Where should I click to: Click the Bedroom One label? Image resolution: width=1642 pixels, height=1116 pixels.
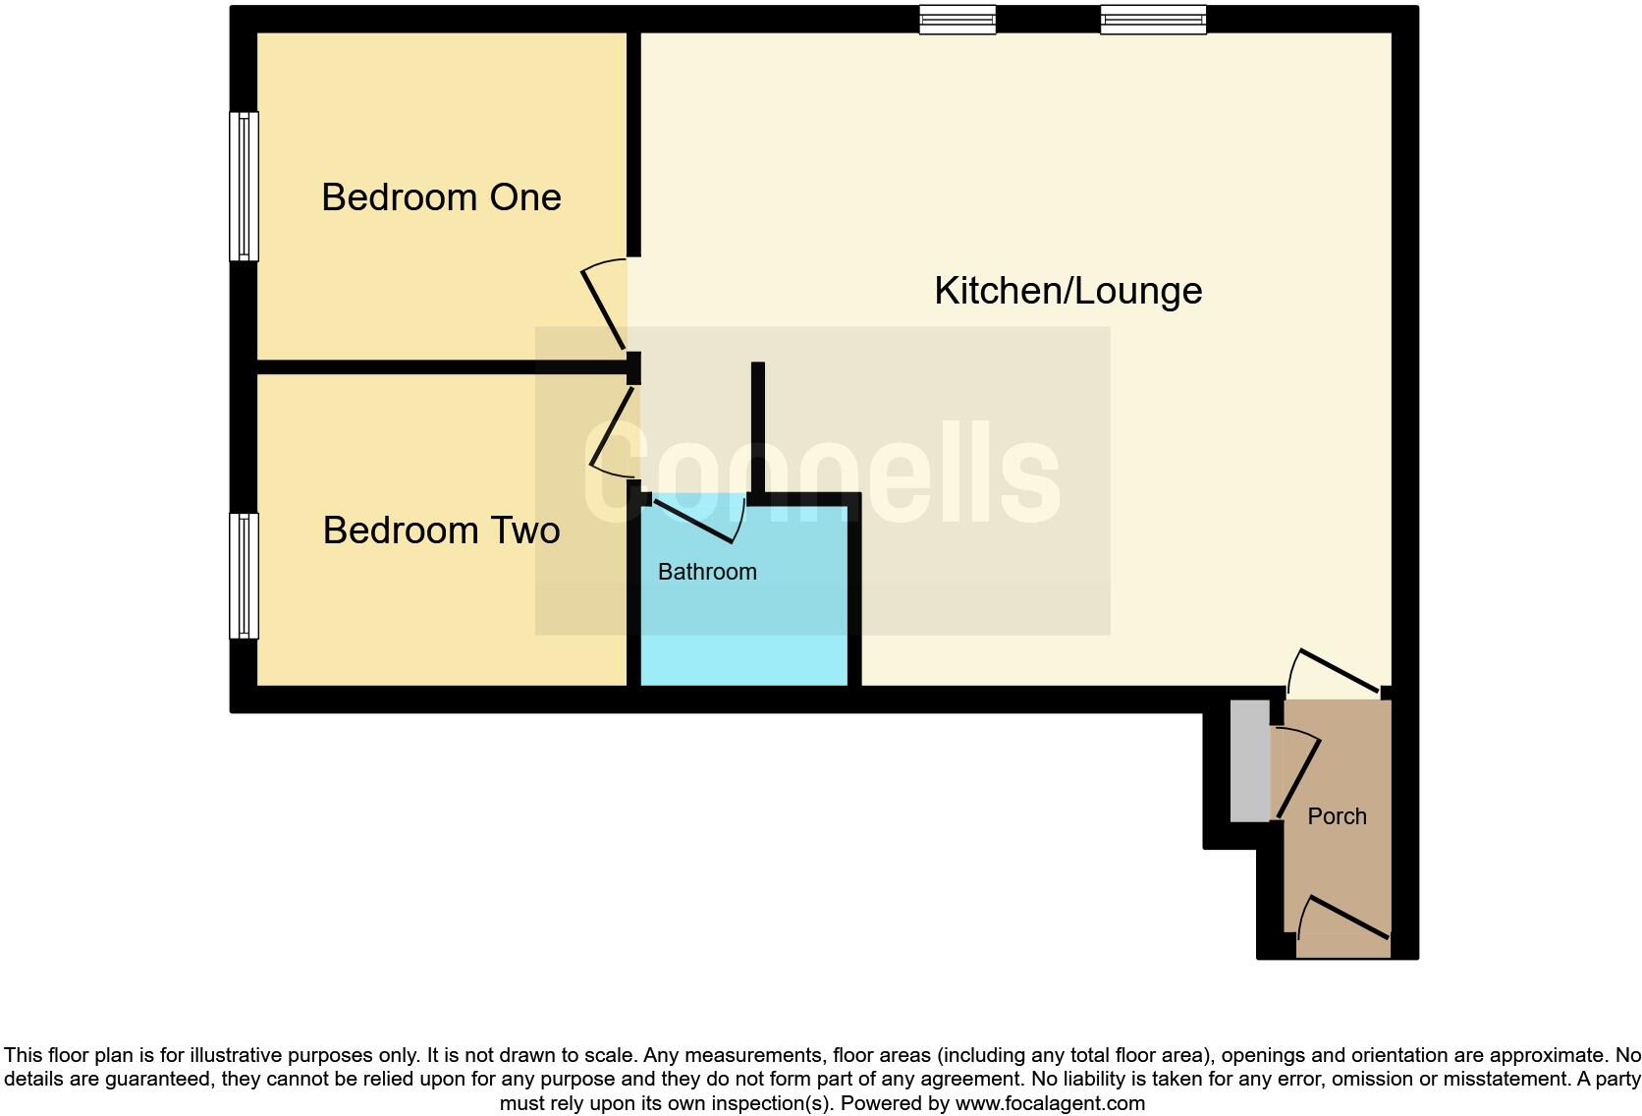441,197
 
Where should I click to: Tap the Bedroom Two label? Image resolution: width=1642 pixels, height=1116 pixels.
441,530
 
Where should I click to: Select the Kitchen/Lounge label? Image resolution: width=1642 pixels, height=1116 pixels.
1067,291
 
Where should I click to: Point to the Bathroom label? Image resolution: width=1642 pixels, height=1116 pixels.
707,572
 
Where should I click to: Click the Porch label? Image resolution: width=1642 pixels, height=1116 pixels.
1337,816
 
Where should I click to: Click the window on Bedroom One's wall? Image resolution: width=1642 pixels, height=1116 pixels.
244,187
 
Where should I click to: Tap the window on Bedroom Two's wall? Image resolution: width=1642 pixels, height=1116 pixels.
244,576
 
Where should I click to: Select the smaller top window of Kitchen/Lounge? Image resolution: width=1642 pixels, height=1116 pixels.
958,20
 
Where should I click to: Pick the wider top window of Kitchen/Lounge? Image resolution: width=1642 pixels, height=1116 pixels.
1153,20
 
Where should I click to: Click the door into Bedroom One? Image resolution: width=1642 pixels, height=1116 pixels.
603,308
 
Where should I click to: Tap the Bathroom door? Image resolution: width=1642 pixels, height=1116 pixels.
693,522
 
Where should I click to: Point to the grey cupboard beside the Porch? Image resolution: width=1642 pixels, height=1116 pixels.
1249,760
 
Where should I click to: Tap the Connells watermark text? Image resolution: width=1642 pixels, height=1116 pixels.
823,474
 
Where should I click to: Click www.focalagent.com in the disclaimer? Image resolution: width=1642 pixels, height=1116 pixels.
1050,1103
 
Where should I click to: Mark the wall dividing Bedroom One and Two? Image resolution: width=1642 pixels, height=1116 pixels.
442,367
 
